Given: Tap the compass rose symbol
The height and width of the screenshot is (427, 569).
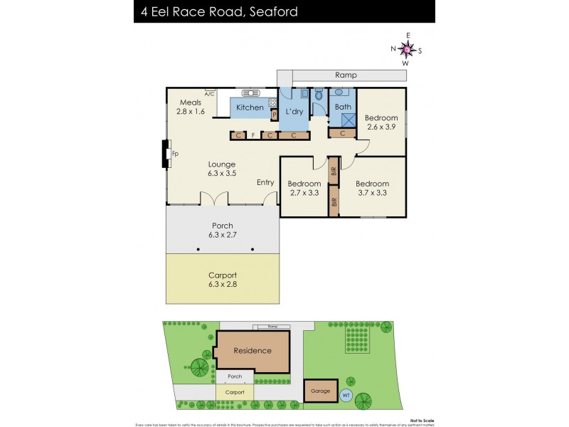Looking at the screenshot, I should point(406,49).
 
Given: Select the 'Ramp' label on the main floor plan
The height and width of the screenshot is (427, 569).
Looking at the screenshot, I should point(346,75).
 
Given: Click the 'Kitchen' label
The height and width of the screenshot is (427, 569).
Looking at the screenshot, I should point(250,107).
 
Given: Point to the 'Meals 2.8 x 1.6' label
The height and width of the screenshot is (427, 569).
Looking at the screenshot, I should point(191,107).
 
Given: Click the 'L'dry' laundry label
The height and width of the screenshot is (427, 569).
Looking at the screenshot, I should point(294,112).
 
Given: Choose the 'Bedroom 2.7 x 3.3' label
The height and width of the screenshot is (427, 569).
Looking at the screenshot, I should point(304,187).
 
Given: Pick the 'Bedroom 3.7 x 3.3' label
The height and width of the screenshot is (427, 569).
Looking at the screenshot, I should point(373,187).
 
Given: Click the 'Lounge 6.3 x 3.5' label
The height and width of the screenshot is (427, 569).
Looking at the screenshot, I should point(221,167).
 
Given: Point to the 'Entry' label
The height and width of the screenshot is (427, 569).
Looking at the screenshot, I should point(265,183).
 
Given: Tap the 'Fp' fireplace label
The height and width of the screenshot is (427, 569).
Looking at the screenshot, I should point(175,154).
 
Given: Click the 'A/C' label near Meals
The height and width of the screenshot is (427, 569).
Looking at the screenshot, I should point(209,94).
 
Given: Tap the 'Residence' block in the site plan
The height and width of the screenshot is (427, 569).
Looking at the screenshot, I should point(252,350).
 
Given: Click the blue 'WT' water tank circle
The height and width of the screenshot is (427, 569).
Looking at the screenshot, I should point(346,395).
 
